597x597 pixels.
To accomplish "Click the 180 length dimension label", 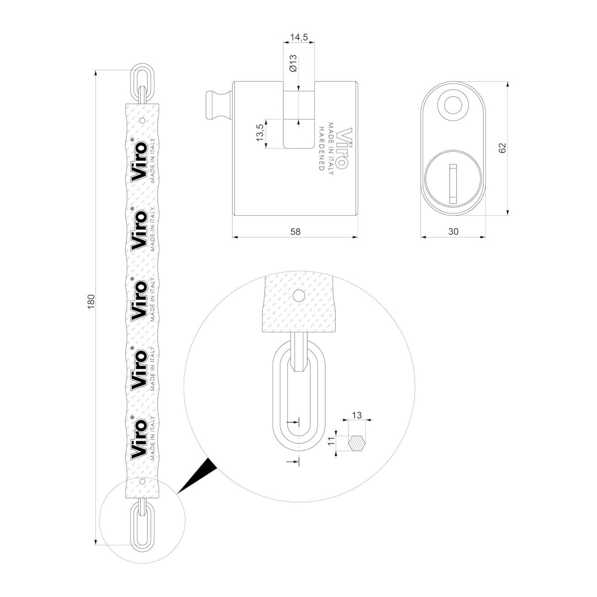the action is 91,302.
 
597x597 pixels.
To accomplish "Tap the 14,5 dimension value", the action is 298,38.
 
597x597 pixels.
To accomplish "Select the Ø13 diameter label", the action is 293,63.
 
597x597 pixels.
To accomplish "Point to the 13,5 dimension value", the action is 260,133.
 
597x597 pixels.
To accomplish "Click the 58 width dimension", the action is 295,231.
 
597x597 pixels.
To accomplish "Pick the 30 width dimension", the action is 453,231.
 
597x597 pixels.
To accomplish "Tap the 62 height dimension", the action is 502,148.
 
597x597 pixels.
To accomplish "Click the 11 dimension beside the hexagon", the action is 331,441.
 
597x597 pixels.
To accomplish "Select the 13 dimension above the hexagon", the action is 357,415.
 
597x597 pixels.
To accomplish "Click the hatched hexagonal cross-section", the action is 357,444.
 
